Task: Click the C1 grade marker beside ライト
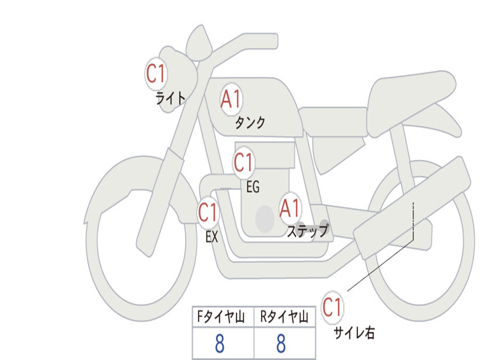pyautogui.click(x=156, y=74)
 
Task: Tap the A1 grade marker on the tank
pyautogui.click(x=232, y=99)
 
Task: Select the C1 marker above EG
pyautogui.click(x=244, y=162)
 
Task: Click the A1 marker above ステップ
pyautogui.click(x=290, y=209)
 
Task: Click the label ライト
pyautogui.click(x=171, y=98)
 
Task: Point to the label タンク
pyautogui.click(x=250, y=122)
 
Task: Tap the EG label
pyautogui.click(x=253, y=187)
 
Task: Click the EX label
pyautogui.click(x=212, y=237)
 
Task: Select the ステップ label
pyautogui.click(x=307, y=231)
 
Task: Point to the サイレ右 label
pyautogui.click(x=354, y=332)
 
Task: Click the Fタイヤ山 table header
pyautogui.click(x=221, y=316)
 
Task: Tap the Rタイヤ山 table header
pyautogui.click(x=285, y=316)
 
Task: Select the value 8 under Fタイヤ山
pyautogui.click(x=220, y=344)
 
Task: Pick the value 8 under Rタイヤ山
pyautogui.click(x=281, y=344)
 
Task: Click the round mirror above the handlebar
pyautogui.click(x=199, y=43)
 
